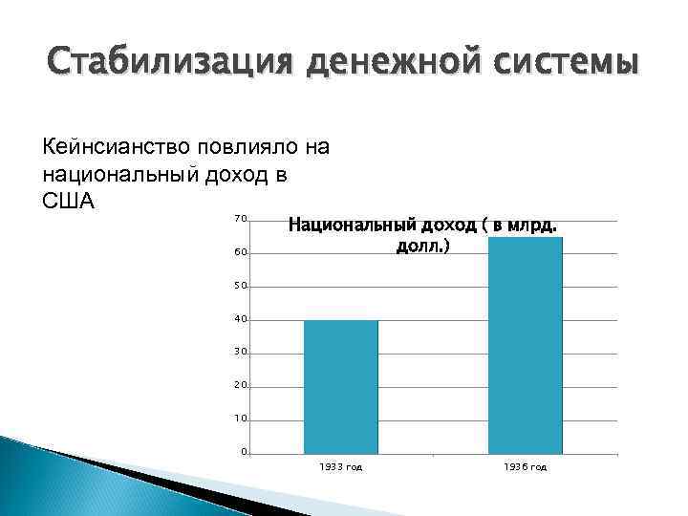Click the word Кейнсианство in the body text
point(117,147)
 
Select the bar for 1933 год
point(340,387)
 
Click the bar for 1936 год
point(525,345)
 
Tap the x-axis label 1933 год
point(340,467)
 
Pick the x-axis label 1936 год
point(525,467)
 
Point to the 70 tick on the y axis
point(241,220)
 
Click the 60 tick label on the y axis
point(241,253)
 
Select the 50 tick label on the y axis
point(241,287)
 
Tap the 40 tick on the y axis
point(241,319)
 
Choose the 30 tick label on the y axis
point(241,353)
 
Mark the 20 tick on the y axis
point(241,386)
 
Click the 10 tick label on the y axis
point(241,419)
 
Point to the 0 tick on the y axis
point(244,452)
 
